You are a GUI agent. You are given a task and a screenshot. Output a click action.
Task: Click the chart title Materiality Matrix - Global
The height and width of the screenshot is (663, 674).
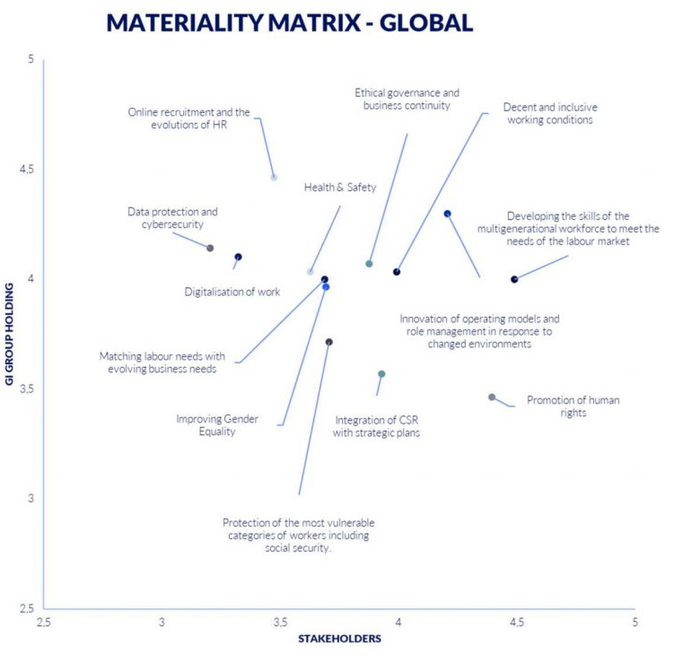[x=289, y=22]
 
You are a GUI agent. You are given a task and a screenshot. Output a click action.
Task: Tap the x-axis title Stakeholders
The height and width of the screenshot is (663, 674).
[x=339, y=638]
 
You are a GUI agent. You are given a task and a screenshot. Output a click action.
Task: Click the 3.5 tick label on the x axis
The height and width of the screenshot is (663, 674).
[x=281, y=622]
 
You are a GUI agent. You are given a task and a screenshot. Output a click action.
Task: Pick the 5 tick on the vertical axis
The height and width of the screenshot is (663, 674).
[x=30, y=59]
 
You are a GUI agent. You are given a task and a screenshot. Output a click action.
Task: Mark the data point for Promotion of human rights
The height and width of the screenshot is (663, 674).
[x=492, y=397]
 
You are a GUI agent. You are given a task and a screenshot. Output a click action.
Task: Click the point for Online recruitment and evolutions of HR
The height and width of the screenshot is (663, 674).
[x=274, y=178]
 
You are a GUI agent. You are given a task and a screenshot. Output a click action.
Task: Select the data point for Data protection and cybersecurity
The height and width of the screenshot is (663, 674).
[x=210, y=248]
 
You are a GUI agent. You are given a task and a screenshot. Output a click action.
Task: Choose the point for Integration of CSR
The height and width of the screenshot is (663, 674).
[x=381, y=373]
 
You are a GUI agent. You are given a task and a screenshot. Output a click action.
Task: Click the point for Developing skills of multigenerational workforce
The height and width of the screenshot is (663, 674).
[x=514, y=279]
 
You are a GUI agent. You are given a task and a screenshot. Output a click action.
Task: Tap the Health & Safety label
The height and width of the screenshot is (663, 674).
[x=340, y=188]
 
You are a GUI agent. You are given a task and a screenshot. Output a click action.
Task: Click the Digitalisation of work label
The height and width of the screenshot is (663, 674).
[x=232, y=292]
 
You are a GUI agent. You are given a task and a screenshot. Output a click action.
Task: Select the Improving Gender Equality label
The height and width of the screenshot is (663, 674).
[x=205, y=424]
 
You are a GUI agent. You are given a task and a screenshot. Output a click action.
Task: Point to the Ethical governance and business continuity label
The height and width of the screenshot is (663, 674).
[x=407, y=99]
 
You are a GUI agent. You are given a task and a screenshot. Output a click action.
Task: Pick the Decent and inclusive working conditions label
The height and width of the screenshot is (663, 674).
[x=548, y=112]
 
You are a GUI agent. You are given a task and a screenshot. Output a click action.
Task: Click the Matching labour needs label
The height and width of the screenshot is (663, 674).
[x=162, y=362]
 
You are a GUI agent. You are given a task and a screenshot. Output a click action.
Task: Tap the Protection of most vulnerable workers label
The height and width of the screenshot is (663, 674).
[x=299, y=535]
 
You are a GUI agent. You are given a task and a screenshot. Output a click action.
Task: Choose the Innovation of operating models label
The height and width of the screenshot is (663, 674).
[x=479, y=330]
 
